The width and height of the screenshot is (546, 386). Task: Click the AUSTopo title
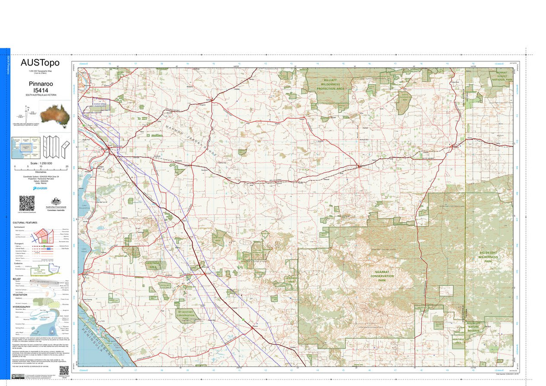[x=40, y=63]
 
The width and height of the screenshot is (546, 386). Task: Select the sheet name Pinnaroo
[x=40, y=84]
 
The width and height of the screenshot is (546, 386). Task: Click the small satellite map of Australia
[x=55, y=113]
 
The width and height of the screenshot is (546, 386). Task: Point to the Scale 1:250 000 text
[x=41, y=163]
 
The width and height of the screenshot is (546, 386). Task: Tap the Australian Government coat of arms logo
[x=56, y=202]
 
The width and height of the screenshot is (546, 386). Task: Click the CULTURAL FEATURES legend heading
[x=26, y=222]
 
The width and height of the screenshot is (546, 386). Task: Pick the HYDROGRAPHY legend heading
[x=22, y=307]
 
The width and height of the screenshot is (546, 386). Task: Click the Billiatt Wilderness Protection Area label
[x=330, y=84]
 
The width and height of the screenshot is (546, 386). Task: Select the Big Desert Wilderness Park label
[x=489, y=257]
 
